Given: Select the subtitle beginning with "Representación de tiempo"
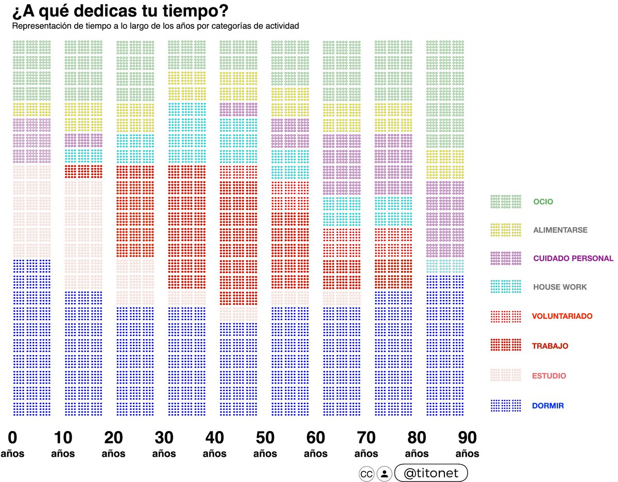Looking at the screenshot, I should click(x=156, y=25).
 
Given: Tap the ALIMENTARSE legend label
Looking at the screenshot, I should click(x=559, y=230).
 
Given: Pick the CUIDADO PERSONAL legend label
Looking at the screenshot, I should click(x=573, y=258).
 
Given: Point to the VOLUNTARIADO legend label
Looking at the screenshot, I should click(x=562, y=316).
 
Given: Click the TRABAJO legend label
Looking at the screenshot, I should click(x=550, y=346).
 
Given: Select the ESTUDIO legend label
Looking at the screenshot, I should click(x=549, y=376).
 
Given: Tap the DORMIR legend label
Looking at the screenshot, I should click(x=548, y=406).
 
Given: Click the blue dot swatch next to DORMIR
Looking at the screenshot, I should click(x=506, y=405).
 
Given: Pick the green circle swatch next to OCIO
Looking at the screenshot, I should click(x=506, y=201).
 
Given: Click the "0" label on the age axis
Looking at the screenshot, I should click(x=12, y=438).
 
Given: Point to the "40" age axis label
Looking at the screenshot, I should click(x=214, y=438).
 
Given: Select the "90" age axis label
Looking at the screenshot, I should click(x=467, y=438).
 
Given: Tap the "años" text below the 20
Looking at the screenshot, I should click(x=113, y=454).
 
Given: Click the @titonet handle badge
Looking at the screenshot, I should click(x=431, y=473).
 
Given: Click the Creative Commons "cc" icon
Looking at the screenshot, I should click(x=366, y=473).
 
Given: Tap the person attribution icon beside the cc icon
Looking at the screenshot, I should click(x=384, y=473).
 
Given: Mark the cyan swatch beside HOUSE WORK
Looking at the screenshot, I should click(x=506, y=287).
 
